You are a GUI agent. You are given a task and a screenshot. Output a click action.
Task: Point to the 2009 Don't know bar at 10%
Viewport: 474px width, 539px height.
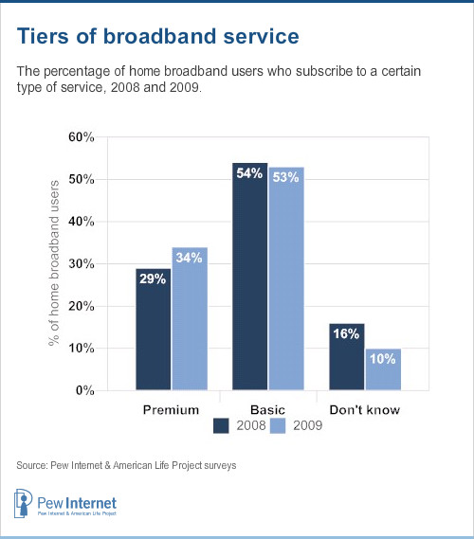click(x=383, y=369)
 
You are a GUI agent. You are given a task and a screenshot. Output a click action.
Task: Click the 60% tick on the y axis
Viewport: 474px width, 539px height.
click(x=82, y=137)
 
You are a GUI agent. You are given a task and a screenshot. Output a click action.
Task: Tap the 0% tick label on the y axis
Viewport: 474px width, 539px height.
click(x=85, y=390)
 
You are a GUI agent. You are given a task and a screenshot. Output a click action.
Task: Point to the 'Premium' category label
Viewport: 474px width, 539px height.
click(x=172, y=409)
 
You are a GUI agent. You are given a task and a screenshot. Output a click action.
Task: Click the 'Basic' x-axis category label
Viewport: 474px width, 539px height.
click(x=268, y=409)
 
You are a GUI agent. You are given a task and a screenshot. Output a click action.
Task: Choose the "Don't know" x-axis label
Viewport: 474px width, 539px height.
click(x=365, y=409)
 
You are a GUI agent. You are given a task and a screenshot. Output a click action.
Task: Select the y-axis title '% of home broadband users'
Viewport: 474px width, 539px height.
click(x=55, y=263)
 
